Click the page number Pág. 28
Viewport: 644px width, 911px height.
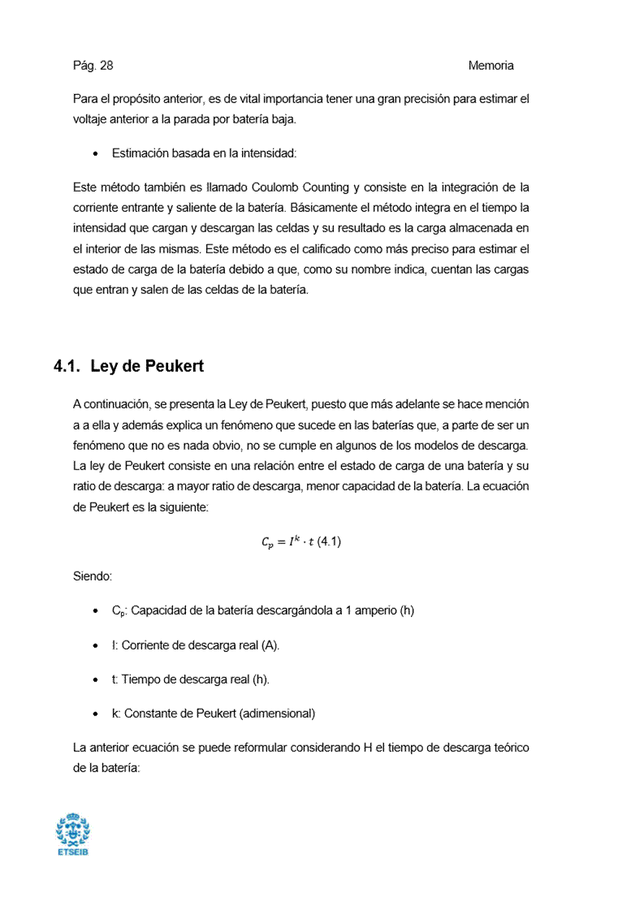[x=93, y=66]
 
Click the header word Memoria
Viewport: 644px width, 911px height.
[x=491, y=66]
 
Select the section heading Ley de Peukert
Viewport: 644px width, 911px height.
[x=146, y=366]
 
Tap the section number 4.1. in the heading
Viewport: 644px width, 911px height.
[x=67, y=366]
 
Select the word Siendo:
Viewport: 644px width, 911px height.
[x=92, y=576]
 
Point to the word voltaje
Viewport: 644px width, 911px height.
[x=93, y=119]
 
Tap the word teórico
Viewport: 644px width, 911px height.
[x=508, y=747]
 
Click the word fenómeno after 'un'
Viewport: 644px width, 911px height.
[x=97, y=446]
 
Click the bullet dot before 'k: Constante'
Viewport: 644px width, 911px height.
[x=97, y=714]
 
